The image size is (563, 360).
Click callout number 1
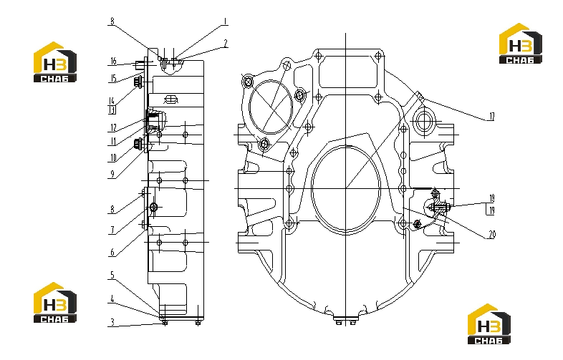point(225,21)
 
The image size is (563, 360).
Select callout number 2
point(226,44)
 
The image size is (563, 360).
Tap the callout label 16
point(113,61)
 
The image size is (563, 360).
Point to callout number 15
point(113,78)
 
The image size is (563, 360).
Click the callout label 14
point(112,101)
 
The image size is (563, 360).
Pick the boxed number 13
point(112,110)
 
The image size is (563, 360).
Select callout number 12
point(113,127)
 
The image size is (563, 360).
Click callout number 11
point(113,142)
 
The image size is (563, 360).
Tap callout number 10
point(113,157)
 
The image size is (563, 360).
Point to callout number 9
point(112,174)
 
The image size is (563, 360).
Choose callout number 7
point(112,230)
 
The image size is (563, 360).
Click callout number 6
point(112,253)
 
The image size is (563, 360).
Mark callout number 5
point(112,276)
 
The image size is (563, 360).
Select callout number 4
point(112,299)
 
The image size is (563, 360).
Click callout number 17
point(492,116)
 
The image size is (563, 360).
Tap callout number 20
point(492,235)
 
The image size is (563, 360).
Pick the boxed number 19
point(491,210)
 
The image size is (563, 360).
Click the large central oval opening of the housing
point(346,188)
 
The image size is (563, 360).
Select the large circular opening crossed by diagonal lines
point(270,107)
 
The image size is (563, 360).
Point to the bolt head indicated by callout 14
point(137,82)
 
